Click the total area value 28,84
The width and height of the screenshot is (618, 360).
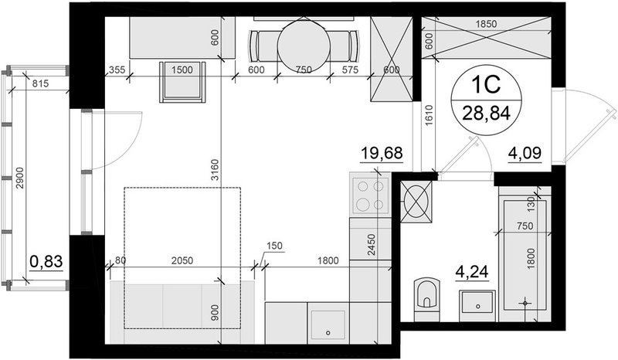coord(487,113)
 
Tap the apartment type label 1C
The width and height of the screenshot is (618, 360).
coord(486,84)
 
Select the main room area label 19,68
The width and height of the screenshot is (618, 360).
coord(382,153)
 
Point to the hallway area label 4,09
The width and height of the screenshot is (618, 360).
coord(525,153)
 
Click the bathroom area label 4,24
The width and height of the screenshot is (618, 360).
coord(472,272)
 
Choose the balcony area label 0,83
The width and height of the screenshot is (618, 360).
coord(46,261)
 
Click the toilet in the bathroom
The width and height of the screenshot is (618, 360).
coord(427,299)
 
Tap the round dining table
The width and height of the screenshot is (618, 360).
coord(302,46)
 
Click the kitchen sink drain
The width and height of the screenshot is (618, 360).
coord(328,333)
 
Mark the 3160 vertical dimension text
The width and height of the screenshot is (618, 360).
coord(214,170)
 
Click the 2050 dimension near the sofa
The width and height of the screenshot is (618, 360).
coord(182,260)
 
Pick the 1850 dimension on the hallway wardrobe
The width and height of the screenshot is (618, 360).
coord(486,24)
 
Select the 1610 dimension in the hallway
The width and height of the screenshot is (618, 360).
coord(430,116)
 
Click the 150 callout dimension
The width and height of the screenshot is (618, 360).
coord(275,246)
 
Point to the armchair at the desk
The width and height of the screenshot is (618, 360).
coord(182,82)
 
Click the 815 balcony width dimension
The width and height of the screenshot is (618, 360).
coord(40,83)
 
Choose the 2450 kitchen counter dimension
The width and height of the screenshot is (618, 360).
coord(372,245)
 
